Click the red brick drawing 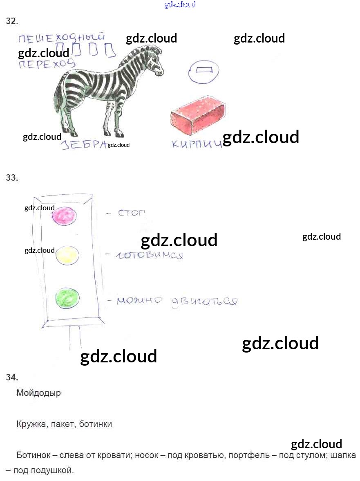click(x=198, y=115)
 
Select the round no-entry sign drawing click(x=203, y=71)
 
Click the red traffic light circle click(x=65, y=216)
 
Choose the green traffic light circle click(x=67, y=297)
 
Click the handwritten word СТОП click(x=132, y=214)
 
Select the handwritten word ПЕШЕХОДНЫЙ click(x=62, y=40)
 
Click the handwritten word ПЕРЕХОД click(x=47, y=64)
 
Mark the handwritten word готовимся click(x=149, y=256)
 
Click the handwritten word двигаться click(x=204, y=301)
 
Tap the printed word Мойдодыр click(x=38, y=393)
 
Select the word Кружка click(x=31, y=424)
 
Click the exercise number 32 click(x=12, y=21)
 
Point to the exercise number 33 click(x=12, y=178)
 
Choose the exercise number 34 click(x=12, y=377)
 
